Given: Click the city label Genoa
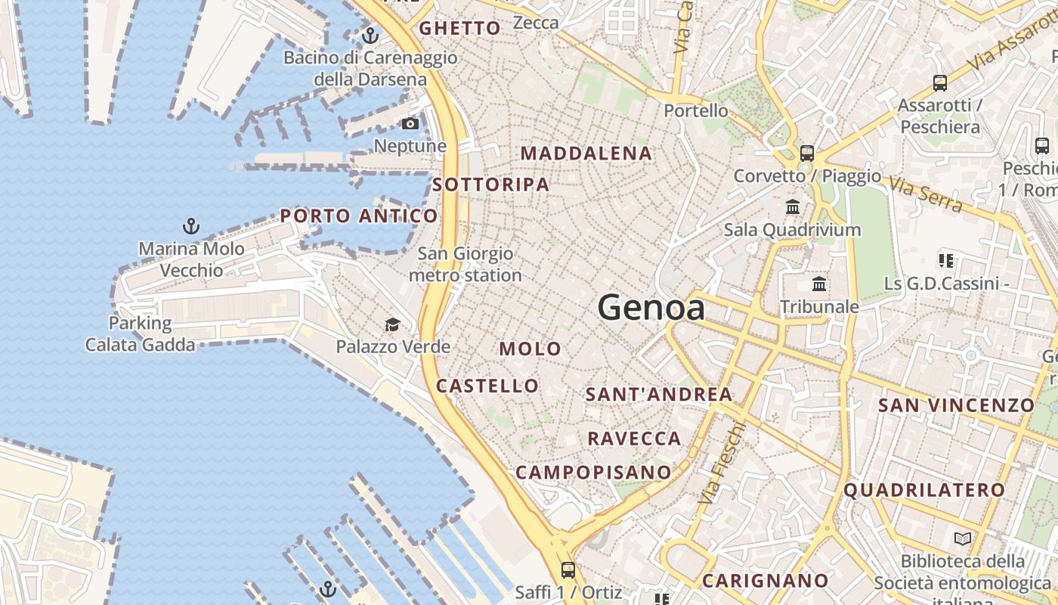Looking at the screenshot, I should pos(651,308).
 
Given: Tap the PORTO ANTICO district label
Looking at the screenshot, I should pos(359,216).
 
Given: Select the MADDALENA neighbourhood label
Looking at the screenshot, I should pos(586,154).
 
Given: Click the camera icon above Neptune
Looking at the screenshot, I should pos(410,123).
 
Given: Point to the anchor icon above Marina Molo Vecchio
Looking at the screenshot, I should pos(191,225).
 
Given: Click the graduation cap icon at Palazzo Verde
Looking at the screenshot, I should pos(392,325).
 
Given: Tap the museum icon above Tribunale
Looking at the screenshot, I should pos(819,284).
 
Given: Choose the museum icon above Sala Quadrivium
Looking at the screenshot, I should pos(793,206).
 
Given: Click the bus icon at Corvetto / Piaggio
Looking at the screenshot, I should pos(807,153).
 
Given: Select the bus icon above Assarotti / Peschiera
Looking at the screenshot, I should pos(940,83).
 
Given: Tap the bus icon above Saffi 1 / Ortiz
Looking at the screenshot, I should pos(568,569).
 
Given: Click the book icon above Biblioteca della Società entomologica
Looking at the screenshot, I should pos(963,538).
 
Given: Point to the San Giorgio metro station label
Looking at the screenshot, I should pos(466,265).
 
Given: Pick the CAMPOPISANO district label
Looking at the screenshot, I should pos(593,473).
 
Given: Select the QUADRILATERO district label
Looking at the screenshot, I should pos(924,490).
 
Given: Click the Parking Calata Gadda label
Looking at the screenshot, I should pos(140,334).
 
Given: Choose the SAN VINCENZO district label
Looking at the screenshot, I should pos(956,405).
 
